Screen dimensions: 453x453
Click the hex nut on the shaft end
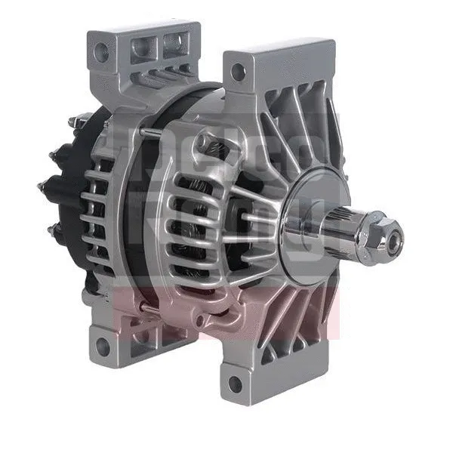click(381, 236)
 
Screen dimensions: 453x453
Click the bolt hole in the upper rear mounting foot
click(100, 52)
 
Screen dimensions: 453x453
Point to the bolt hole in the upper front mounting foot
click(238, 72)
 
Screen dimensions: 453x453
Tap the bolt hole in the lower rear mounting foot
click(101, 347)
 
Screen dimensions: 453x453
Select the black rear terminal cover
click(72, 189)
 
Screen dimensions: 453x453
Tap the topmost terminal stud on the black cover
click(79, 119)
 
